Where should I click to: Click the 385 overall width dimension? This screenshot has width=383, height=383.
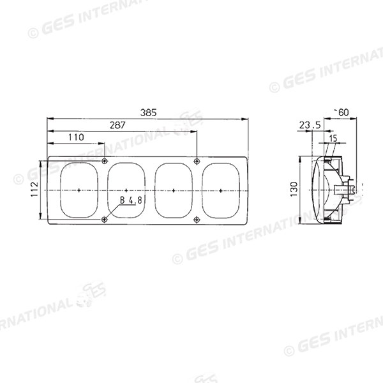149,112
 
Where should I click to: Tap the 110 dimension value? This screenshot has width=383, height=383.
76,137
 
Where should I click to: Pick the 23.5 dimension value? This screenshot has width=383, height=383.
309,126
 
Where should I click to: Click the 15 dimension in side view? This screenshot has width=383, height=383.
333,137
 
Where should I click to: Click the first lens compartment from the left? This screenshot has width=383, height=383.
78,190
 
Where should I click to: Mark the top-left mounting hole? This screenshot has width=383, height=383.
104,160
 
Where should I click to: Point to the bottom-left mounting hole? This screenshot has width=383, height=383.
104,220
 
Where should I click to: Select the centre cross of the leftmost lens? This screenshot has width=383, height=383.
78,190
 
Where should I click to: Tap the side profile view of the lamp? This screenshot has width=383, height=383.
329,190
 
